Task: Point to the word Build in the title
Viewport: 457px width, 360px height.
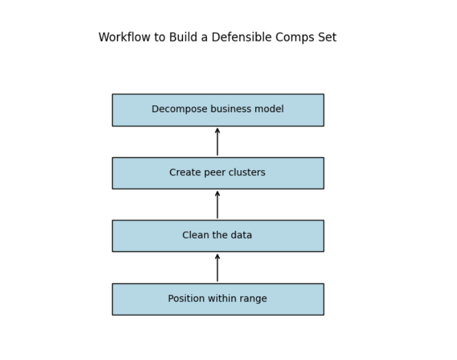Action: (x=183, y=37)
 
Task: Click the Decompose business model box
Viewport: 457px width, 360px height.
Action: (x=217, y=110)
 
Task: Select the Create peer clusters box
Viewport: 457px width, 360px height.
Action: (x=217, y=173)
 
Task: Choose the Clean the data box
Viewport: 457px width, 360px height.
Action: (x=217, y=236)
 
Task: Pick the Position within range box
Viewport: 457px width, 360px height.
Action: (x=217, y=299)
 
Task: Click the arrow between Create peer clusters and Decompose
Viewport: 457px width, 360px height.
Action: (x=217, y=142)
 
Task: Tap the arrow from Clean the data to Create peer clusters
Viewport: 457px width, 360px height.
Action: (x=217, y=205)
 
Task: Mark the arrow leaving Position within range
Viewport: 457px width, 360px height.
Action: (x=217, y=268)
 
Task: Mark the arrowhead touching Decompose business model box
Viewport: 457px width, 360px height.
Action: (x=217, y=130)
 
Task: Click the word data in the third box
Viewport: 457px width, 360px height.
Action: (x=242, y=236)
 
